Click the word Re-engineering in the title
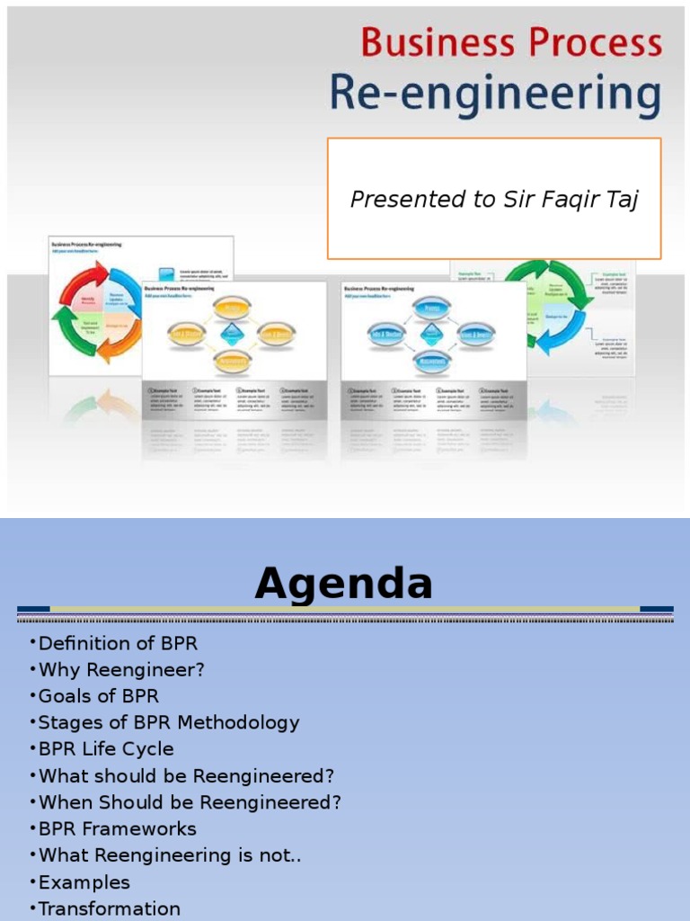495,95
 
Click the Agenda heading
344,584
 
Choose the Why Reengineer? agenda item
121,670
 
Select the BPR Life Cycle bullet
106,748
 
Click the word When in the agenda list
64,802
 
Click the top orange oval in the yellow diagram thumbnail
231,308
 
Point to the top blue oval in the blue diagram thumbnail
431,308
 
